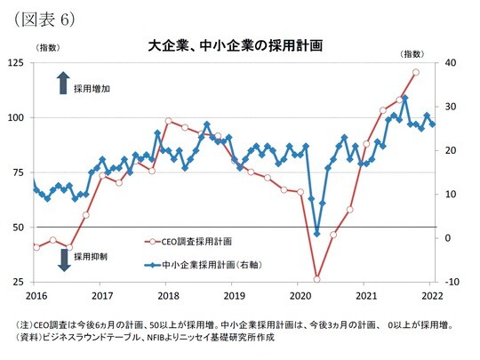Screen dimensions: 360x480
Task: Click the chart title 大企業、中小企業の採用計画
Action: coord(235,44)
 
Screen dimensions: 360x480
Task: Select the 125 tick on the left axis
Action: coord(19,62)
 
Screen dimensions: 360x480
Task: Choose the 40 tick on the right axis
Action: coord(450,62)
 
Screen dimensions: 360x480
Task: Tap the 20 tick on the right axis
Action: coord(450,150)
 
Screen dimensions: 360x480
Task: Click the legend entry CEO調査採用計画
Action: coord(196,241)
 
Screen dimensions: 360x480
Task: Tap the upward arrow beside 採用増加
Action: coord(63,84)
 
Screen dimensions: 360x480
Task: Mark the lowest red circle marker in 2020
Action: coord(316,279)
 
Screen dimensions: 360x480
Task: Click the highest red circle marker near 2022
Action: coord(416,72)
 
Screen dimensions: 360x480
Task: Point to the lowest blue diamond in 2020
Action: coord(317,234)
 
